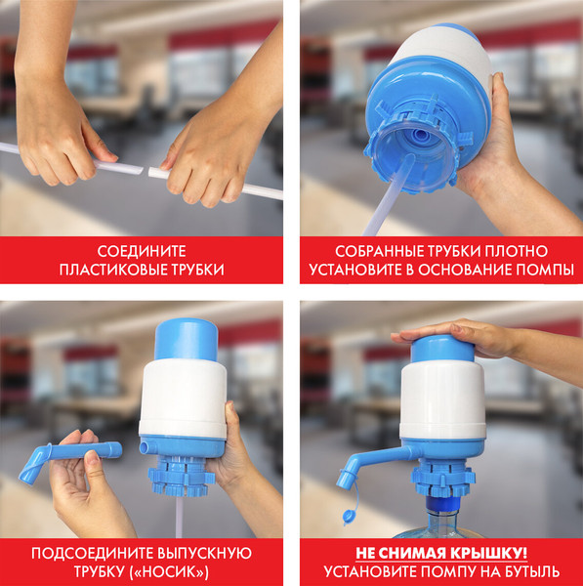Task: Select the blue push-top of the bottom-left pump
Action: (x=186, y=338)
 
